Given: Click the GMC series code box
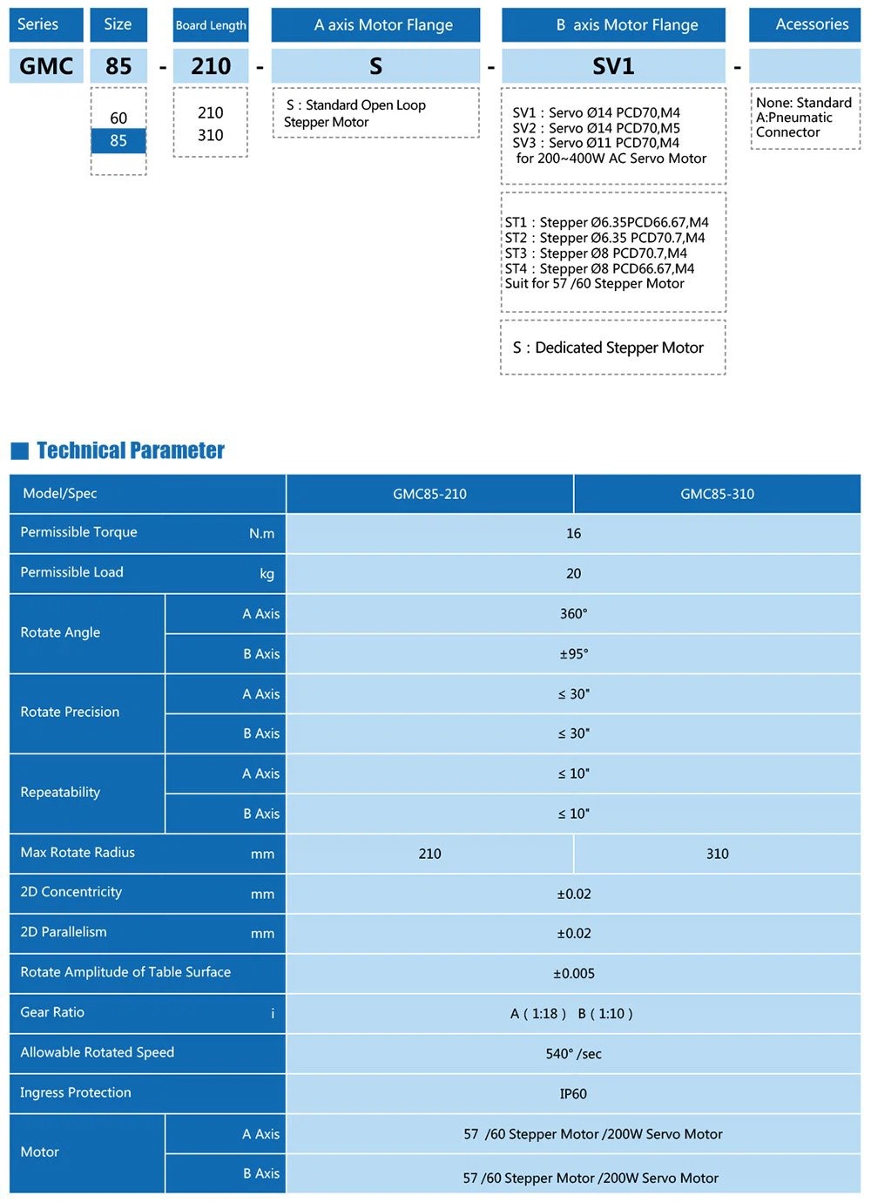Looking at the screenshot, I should [x=46, y=66].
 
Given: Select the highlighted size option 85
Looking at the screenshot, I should [x=118, y=141].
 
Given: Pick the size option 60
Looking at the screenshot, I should [x=118, y=118].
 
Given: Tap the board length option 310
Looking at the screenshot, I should [x=210, y=135].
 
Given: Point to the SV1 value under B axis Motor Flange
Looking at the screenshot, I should [x=613, y=66].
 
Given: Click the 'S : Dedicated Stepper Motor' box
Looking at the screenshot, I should [x=612, y=348].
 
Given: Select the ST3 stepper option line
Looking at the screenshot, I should [x=596, y=253].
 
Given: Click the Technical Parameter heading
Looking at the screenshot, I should [x=131, y=450].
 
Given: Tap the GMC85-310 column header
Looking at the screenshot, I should [x=717, y=494].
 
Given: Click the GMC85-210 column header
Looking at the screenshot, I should [x=429, y=494].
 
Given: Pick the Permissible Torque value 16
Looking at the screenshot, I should [x=573, y=534].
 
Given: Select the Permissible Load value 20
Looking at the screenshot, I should [x=573, y=574].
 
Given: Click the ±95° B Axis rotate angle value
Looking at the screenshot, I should [x=573, y=654].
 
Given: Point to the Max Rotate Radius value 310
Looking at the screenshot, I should [x=717, y=854].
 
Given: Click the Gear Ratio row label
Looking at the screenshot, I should [x=52, y=1012].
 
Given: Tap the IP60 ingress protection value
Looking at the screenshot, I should [x=573, y=1094].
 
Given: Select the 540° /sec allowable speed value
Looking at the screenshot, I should [x=573, y=1054].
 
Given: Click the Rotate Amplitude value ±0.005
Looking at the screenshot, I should [x=573, y=974].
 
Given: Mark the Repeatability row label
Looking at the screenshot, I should [x=60, y=793].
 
